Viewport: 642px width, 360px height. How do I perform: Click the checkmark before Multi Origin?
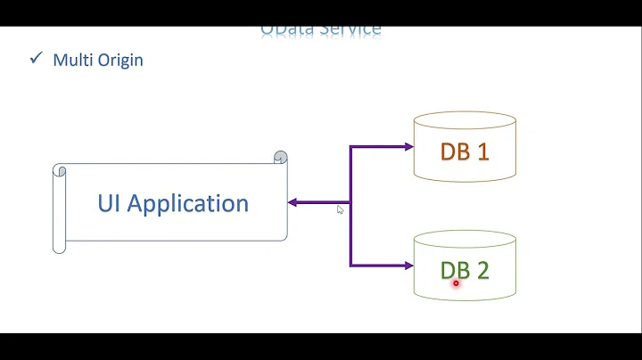tap(36, 60)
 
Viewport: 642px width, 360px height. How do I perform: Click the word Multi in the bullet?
tap(71, 61)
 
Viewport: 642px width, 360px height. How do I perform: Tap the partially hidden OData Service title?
tap(321, 30)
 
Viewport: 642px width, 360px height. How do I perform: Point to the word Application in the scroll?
tap(188, 203)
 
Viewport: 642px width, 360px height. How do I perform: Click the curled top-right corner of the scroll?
tap(281, 158)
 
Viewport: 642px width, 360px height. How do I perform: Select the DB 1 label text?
tap(465, 151)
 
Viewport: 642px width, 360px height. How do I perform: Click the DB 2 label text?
tap(465, 270)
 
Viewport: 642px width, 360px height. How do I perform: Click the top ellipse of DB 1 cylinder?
tap(465, 121)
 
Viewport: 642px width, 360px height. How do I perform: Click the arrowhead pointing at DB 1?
tap(407, 146)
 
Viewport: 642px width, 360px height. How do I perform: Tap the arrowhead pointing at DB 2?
tap(407, 265)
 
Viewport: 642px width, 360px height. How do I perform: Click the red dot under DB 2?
tap(456, 283)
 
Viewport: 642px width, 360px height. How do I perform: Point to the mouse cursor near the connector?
tap(340, 209)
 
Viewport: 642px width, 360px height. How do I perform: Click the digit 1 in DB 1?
tap(482, 151)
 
